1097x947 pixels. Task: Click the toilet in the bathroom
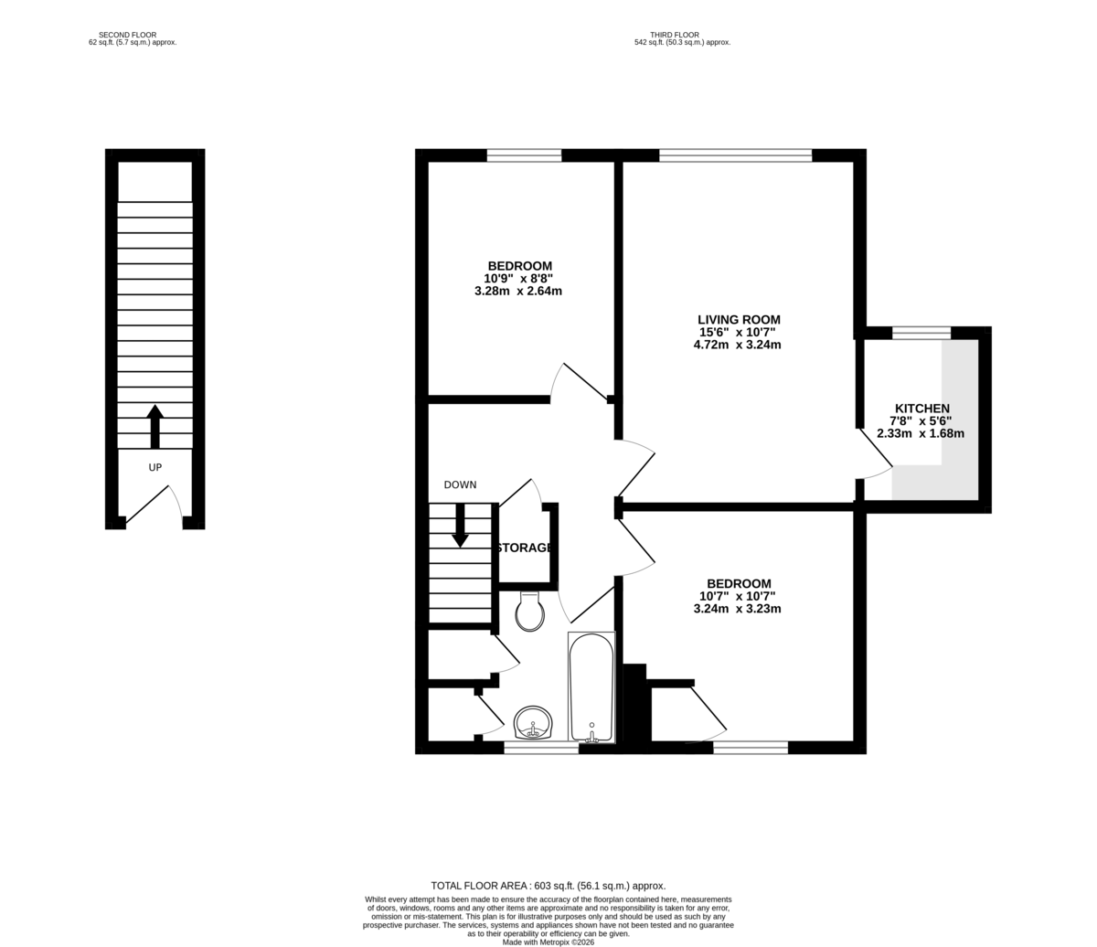[x=529, y=611]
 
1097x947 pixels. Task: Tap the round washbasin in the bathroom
[x=533, y=722]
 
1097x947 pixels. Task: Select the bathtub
[x=591, y=686]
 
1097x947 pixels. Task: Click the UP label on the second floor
[x=155, y=468]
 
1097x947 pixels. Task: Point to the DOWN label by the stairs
[x=460, y=484]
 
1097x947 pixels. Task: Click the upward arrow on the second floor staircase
[x=155, y=426]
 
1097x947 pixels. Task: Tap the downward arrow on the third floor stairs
[x=460, y=525]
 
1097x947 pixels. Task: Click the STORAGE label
[x=525, y=548]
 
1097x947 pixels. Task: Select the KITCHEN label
[x=922, y=409]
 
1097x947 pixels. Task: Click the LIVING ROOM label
[x=739, y=320]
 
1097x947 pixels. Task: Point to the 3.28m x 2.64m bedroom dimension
[x=518, y=291]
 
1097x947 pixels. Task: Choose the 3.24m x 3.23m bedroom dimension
[x=737, y=609]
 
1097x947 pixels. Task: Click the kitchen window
[x=921, y=334]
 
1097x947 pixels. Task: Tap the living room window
[x=736, y=155]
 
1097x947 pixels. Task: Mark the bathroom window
[x=541, y=749]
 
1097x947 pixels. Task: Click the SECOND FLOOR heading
[x=127, y=35]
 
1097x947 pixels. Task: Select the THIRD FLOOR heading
[x=675, y=35]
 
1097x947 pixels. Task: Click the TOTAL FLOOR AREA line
[x=548, y=886]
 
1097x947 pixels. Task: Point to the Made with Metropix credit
[x=548, y=942]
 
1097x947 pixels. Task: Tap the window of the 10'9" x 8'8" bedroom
[x=525, y=155]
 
